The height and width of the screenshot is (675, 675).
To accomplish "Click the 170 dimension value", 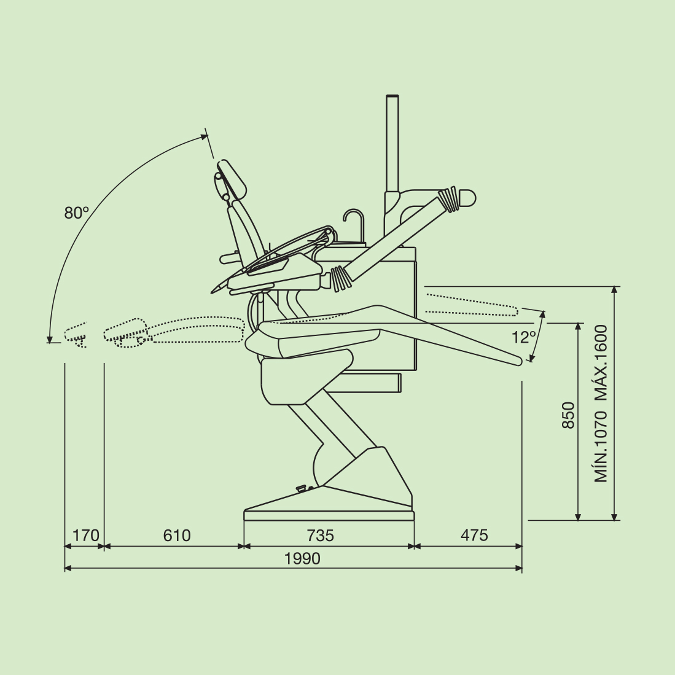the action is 85,536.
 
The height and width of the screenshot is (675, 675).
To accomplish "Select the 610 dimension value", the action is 177,535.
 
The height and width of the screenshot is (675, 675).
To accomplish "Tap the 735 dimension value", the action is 320,536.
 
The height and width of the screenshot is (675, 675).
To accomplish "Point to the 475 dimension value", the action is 474,535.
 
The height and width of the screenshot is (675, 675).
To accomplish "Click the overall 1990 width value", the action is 302,558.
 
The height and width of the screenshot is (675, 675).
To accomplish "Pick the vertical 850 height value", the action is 569,415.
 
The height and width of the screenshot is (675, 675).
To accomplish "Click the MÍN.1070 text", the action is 601,447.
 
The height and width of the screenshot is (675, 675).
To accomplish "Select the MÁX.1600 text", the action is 601,362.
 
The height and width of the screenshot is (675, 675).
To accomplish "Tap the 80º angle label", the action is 77,213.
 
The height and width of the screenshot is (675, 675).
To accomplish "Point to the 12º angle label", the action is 523,337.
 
